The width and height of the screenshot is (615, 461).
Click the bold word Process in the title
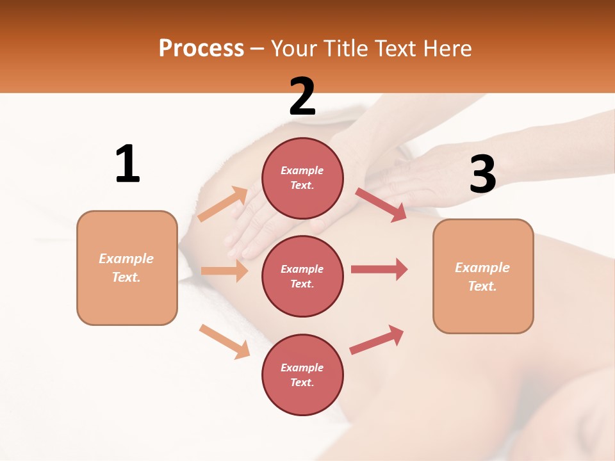click(x=201, y=49)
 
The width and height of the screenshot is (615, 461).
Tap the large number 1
click(x=127, y=164)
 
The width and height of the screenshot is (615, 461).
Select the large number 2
click(x=302, y=96)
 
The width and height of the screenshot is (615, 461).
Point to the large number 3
click(x=482, y=174)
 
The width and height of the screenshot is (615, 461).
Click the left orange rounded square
click(x=127, y=268)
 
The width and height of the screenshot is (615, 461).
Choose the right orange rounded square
click(x=483, y=276)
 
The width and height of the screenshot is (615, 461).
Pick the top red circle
click(x=302, y=178)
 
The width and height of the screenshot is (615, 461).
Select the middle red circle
click(x=302, y=276)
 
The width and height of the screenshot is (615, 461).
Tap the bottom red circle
click(x=302, y=375)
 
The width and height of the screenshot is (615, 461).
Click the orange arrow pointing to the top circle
click(x=223, y=204)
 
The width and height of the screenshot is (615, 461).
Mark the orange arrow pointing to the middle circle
click(x=224, y=271)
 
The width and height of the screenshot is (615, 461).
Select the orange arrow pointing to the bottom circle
click(x=224, y=341)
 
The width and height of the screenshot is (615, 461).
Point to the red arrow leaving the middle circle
click(x=379, y=269)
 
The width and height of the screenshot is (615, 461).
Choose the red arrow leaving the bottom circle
click(x=377, y=339)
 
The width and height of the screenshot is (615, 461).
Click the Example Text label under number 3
click(x=482, y=277)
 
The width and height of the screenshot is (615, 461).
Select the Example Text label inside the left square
click(x=126, y=268)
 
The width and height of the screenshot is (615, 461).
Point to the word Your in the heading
click(x=295, y=49)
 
